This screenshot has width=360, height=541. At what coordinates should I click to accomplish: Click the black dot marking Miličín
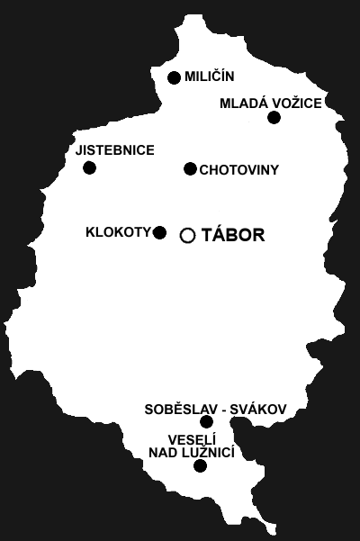point(174,77)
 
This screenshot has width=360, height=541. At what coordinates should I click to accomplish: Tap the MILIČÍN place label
point(210,76)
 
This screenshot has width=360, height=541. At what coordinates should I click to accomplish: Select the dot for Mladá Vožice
point(274,118)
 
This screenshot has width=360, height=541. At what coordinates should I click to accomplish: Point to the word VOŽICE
point(297,104)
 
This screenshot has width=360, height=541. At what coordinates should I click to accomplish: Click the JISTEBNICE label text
point(115,150)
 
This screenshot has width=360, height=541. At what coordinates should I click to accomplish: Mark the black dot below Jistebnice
point(90,168)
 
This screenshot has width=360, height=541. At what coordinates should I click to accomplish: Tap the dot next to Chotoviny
point(190,168)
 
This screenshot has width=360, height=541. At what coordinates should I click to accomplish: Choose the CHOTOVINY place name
point(239,170)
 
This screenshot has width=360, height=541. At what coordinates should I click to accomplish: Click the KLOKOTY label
point(118,232)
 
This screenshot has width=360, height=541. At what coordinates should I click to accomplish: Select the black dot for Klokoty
point(159,232)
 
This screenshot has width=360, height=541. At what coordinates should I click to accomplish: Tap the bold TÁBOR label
point(233,235)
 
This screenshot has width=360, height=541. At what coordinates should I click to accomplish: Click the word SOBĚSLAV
point(181,410)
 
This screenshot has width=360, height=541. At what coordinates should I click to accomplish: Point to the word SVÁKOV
point(258,410)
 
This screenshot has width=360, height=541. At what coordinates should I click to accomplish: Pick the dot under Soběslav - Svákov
point(207,421)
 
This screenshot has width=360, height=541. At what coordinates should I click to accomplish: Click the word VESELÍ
point(192,440)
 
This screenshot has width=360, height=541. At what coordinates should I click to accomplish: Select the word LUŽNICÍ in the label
point(208,452)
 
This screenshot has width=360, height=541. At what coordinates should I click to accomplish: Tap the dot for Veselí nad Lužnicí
point(201,466)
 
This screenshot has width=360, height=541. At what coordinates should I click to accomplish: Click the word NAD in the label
point(163,453)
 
